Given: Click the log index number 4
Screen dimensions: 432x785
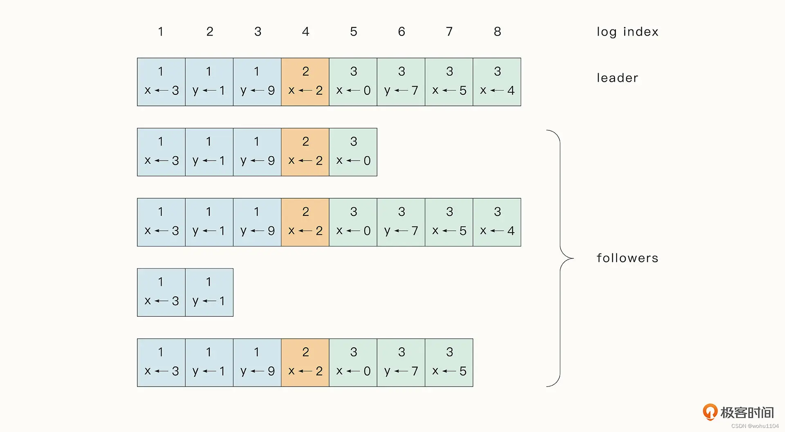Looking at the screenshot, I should (x=305, y=31).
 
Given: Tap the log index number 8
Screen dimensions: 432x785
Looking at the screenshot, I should (x=497, y=31).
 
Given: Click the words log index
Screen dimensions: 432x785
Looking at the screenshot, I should (x=627, y=32).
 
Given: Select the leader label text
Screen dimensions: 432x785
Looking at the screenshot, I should (x=617, y=78).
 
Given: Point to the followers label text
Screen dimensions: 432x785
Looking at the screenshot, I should (x=627, y=258).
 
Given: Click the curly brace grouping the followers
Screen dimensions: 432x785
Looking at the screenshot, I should (x=560, y=258).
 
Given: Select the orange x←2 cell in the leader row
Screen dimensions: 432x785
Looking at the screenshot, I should (x=305, y=82).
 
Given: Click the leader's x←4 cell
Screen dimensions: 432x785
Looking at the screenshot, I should (x=497, y=82).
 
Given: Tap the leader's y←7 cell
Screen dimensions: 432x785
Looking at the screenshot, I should (x=401, y=82).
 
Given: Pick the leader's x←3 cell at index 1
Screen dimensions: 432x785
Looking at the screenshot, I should (x=161, y=82).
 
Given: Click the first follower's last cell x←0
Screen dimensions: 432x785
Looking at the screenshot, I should (x=353, y=152).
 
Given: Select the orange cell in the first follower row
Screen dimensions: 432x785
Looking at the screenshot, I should (x=305, y=152).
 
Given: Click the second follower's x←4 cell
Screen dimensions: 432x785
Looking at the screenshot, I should (x=497, y=222).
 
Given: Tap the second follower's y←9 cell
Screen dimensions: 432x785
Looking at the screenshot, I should (x=257, y=222).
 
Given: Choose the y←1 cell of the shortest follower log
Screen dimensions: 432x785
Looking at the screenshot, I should (x=209, y=292).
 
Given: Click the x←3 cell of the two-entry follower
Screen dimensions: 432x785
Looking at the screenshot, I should (x=161, y=292).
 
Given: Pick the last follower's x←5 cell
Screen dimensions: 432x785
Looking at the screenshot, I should (x=449, y=363).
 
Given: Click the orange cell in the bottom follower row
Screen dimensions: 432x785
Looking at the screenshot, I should (x=305, y=363).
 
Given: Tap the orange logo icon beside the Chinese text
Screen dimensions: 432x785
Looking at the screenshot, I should (x=710, y=412).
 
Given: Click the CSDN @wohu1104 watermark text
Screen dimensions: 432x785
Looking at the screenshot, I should (x=755, y=426).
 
